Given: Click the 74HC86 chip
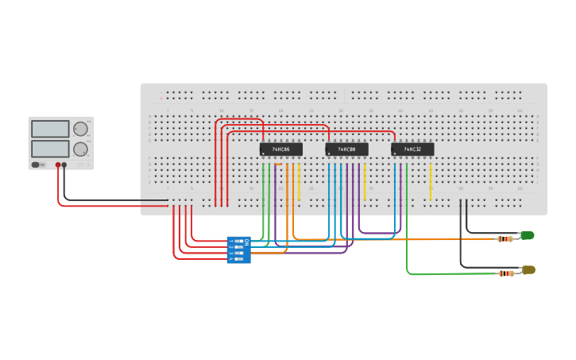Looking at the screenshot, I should pyautogui.click(x=281, y=149).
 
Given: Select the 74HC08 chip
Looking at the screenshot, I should pyautogui.click(x=347, y=149).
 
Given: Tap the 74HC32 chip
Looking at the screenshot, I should pyautogui.click(x=412, y=149).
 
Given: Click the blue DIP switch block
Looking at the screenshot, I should pyautogui.click(x=238, y=250).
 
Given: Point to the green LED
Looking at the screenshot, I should pyautogui.click(x=527, y=235).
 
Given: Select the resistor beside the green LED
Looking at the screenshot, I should pyautogui.click(x=505, y=238).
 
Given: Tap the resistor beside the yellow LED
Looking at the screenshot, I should pyautogui.click(x=505, y=273).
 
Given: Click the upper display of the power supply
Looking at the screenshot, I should pyautogui.click(x=49, y=129).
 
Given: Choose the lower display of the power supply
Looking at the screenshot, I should pyautogui.click(x=49, y=149).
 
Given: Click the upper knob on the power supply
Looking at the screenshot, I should pyautogui.click(x=80, y=129).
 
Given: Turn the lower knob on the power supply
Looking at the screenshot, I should pyautogui.click(x=80, y=149).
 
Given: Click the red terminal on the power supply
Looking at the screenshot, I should pyautogui.click(x=57, y=165).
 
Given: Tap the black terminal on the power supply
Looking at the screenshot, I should pyautogui.click(x=64, y=165).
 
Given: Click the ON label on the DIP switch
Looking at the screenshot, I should pyautogui.click(x=246, y=241).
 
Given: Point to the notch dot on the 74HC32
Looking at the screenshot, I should pyautogui.click(x=395, y=153).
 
